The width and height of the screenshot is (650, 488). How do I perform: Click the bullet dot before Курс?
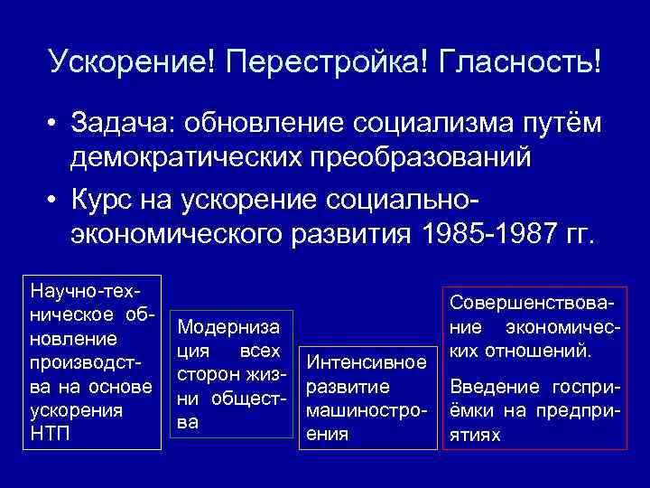click(x=55, y=202)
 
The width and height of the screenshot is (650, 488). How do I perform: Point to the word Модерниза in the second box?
click(x=228, y=326)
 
